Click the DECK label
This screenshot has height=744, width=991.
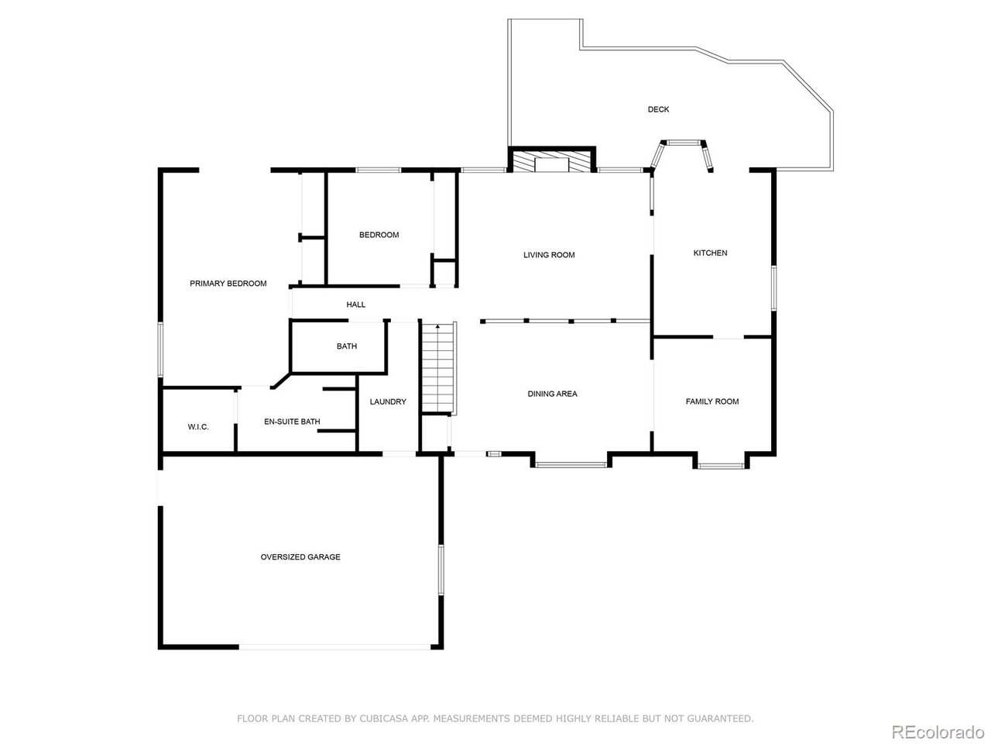point(658,109)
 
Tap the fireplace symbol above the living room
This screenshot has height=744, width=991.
point(551,163)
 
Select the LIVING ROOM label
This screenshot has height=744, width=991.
point(549,255)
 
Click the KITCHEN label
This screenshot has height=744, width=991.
point(710,253)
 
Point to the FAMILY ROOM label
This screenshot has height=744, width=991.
point(712,401)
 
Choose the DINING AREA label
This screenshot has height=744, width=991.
point(552,394)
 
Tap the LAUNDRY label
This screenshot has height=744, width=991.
point(388,401)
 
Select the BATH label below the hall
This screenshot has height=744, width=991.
point(346,346)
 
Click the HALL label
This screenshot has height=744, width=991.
point(355,305)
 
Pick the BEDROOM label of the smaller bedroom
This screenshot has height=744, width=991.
point(379,235)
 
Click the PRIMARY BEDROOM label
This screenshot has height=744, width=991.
point(228,284)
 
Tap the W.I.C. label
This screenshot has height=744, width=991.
point(198,427)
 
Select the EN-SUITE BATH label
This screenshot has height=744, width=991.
point(292,422)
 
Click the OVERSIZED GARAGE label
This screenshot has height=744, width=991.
point(300,557)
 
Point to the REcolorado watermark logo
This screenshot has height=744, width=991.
point(938,732)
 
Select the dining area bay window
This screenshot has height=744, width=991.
point(571,464)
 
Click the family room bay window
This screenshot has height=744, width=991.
point(721,465)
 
